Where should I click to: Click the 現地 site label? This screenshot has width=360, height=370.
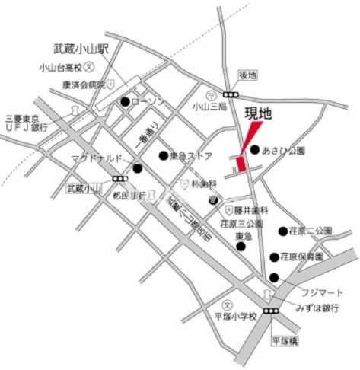coord(258,113)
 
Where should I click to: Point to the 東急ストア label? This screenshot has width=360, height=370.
coord(191,156)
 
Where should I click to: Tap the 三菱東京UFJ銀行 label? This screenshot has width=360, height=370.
coord(27,123)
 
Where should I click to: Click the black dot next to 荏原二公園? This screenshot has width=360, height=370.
coord(282,231)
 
